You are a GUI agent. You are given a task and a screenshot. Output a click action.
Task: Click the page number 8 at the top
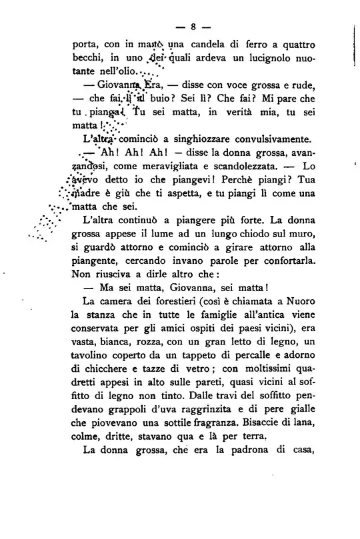point(191,27)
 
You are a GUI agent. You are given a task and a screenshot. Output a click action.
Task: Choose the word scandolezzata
point(243,164)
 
